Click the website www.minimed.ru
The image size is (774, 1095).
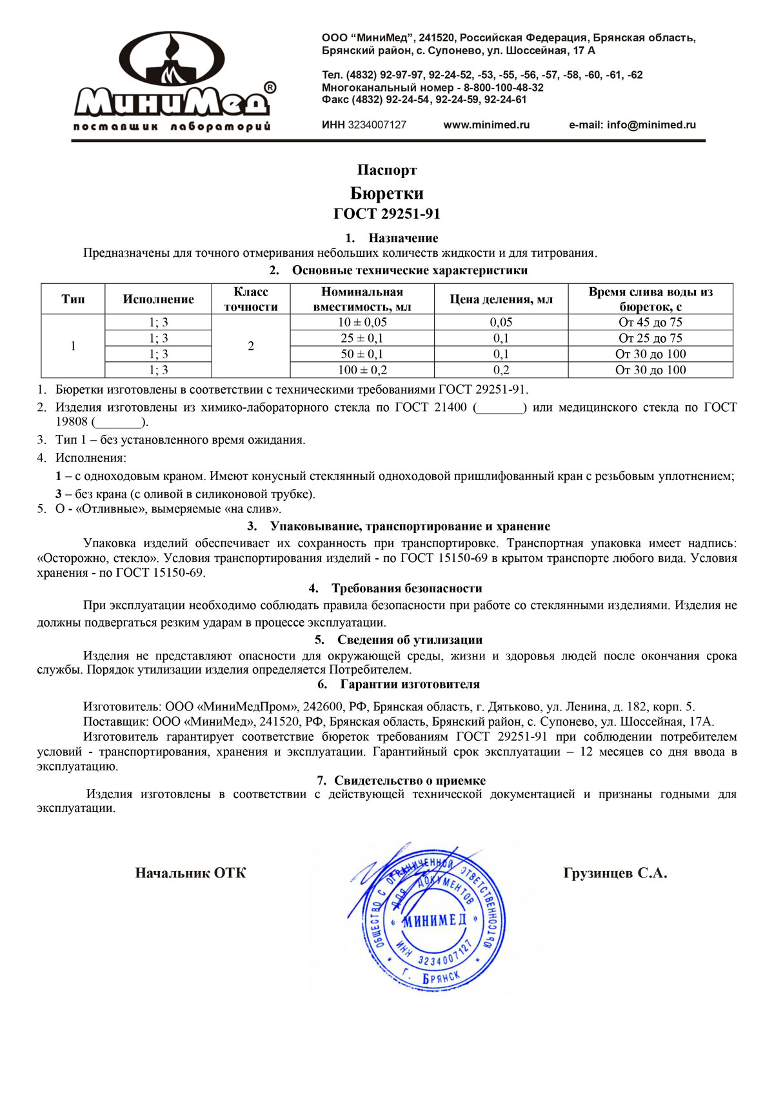pyautogui.click(x=486, y=125)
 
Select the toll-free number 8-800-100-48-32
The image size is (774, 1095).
pyautogui.click(x=503, y=88)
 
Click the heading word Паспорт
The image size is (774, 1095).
pyautogui.click(x=387, y=170)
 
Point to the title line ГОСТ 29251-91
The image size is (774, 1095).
pyautogui.click(x=387, y=214)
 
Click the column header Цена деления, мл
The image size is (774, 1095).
pyautogui.click(x=501, y=299)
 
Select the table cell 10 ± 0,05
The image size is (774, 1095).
pyautogui.click(x=362, y=323)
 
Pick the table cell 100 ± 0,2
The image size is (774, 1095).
pyautogui.click(x=362, y=370)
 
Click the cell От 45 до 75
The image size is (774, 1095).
pyautogui.click(x=650, y=323)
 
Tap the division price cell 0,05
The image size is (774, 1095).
pyautogui.click(x=501, y=323)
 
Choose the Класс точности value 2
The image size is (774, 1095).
pyautogui.click(x=251, y=347)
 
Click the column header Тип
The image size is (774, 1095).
pyautogui.click(x=73, y=299)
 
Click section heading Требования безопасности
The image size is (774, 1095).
pyautogui.click(x=406, y=588)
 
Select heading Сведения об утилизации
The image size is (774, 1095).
pyautogui.click(x=410, y=640)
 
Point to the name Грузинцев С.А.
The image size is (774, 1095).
pyautogui.click(x=615, y=874)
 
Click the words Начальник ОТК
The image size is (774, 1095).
pyautogui.click(x=190, y=874)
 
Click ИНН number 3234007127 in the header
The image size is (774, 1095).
pyautogui.click(x=377, y=125)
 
